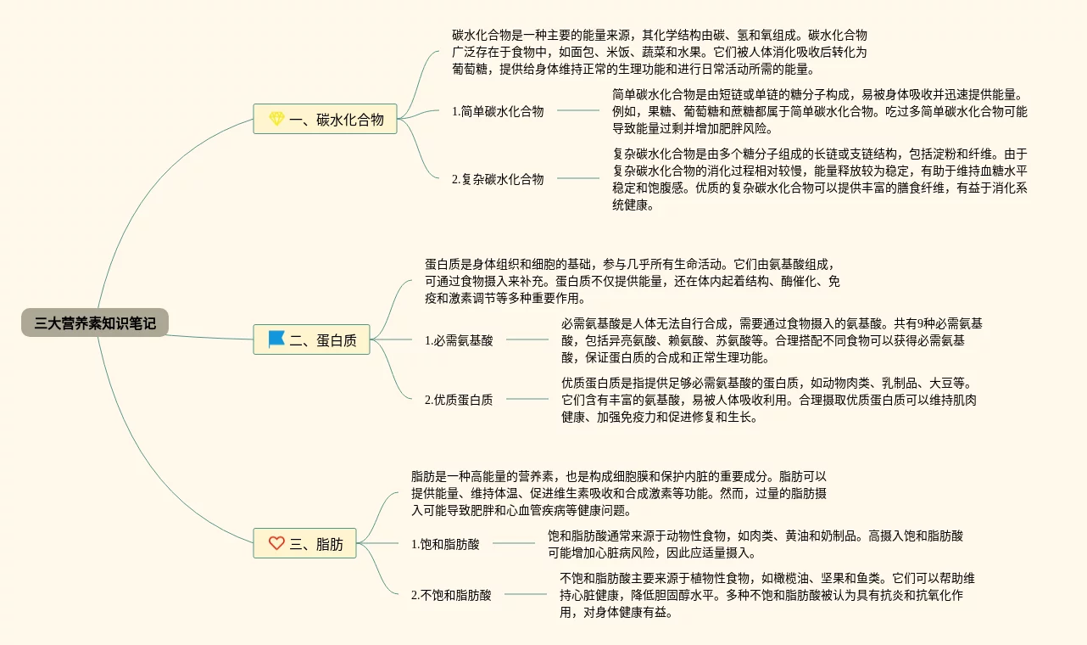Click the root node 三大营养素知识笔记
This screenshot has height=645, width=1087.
95,322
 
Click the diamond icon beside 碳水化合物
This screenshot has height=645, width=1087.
276,120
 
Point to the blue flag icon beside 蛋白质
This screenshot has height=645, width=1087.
276,340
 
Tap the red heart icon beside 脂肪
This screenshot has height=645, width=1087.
276,544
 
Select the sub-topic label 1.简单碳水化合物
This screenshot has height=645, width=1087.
498,111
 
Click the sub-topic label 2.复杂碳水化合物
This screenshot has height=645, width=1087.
498,179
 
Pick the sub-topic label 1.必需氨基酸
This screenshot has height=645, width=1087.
459,340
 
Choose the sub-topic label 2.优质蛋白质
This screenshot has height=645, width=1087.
459,400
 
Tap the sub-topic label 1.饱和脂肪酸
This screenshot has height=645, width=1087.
445,544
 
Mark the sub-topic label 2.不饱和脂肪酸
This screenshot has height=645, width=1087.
451,595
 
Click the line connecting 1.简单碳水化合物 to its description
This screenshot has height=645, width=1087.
577,110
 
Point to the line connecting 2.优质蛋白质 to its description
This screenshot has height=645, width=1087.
527,399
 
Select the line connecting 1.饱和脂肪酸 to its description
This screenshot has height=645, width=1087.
513,543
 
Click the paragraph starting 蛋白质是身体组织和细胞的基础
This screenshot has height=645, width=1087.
632,281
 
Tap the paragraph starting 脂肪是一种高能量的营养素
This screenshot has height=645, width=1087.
618,493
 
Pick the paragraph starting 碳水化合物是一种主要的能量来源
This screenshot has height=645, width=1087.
659,52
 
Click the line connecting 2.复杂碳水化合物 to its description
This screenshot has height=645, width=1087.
577,178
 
